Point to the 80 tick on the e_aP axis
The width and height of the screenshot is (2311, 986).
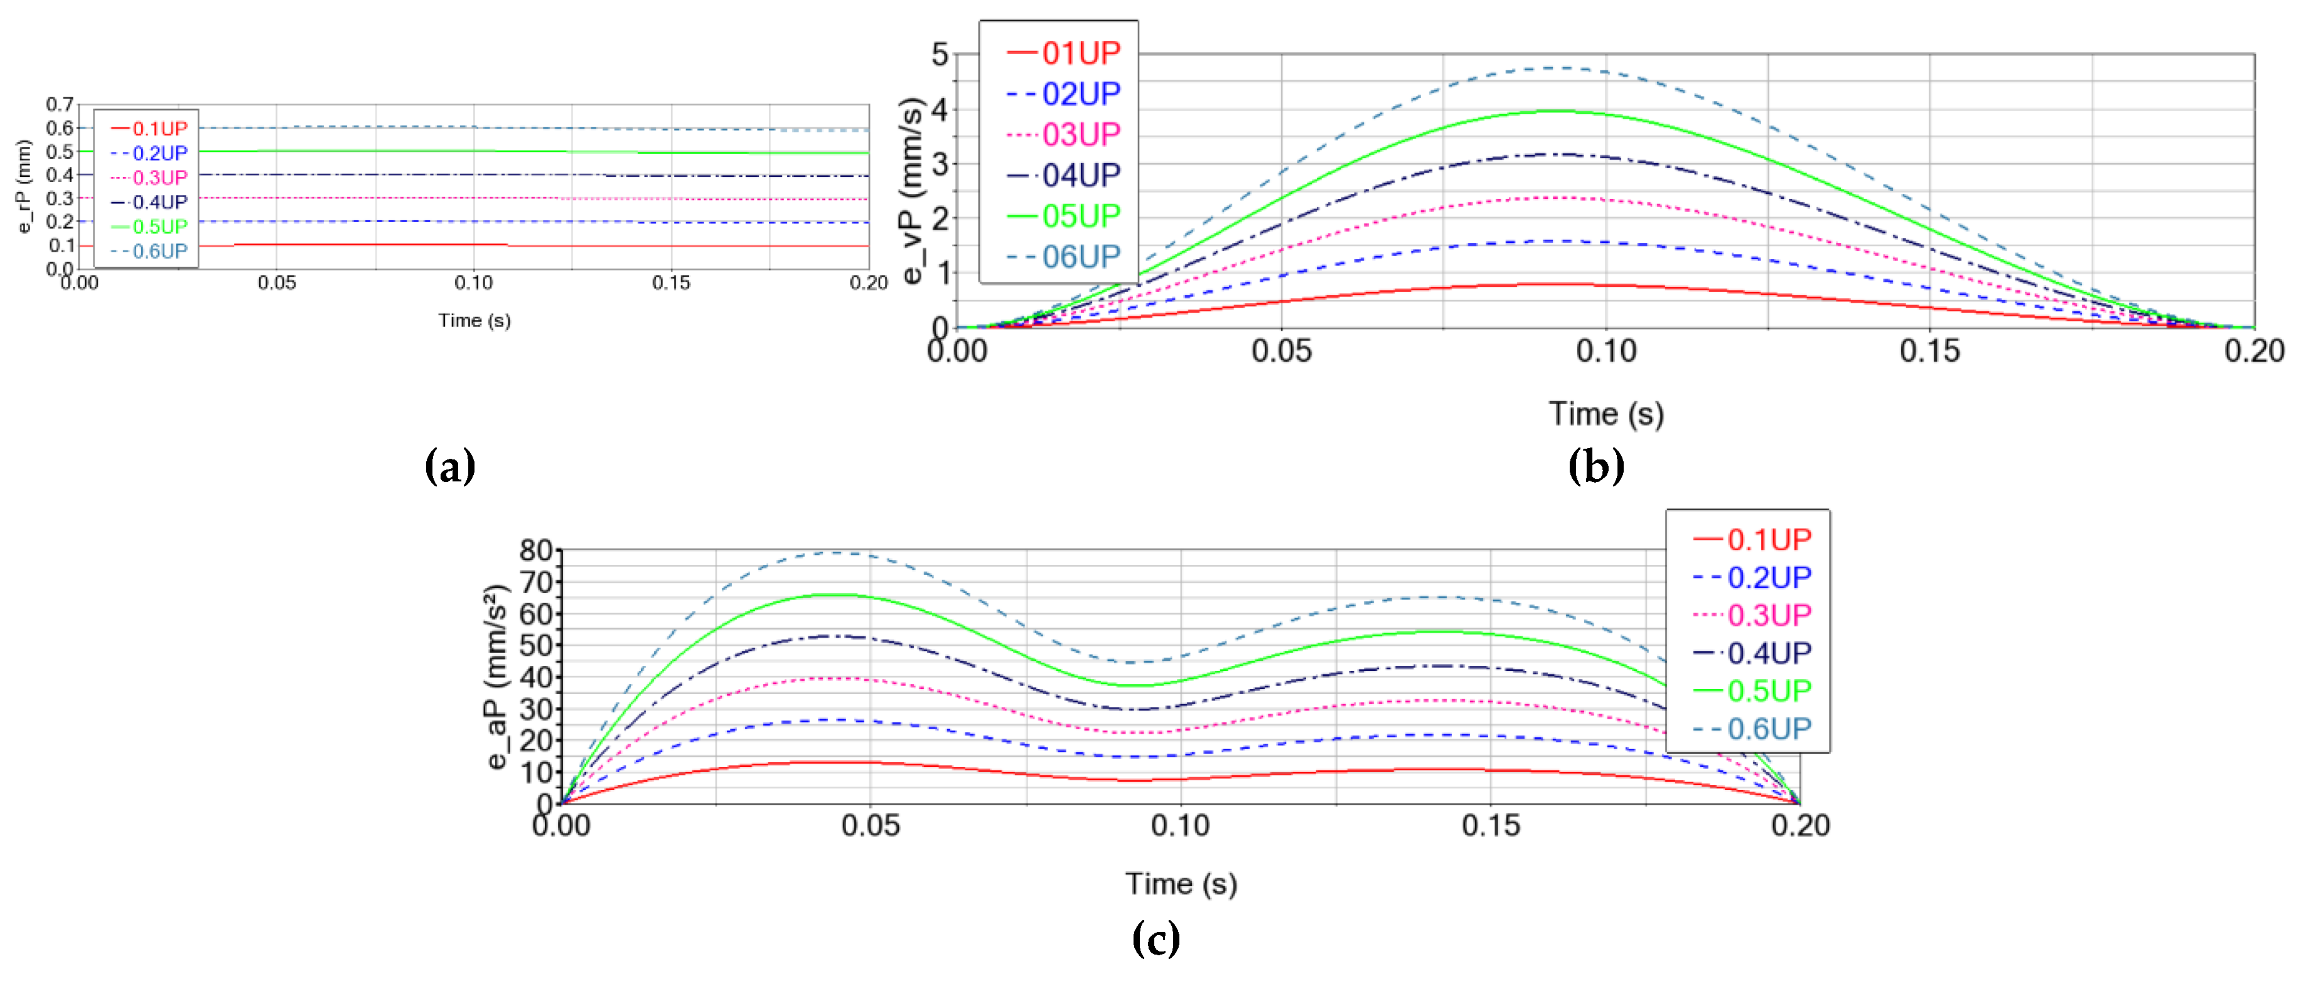[x=535, y=550]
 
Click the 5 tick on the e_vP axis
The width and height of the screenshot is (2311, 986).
[x=940, y=55]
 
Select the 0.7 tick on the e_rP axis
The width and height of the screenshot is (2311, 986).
[x=60, y=105]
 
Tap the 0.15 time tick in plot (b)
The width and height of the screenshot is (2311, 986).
[x=1930, y=351]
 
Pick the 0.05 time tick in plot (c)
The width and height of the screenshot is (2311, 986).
[x=870, y=825]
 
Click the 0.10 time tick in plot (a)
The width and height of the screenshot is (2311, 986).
[x=474, y=282]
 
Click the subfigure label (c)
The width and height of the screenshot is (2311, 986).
[x=1155, y=940]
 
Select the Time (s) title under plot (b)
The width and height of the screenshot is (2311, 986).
[x=1606, y=414]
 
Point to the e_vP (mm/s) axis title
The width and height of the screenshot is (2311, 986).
[x=913, y=190]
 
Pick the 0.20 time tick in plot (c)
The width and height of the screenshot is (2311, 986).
[x=1799, y=825]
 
